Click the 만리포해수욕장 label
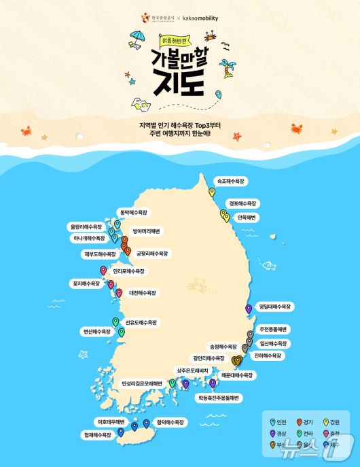(x=129, y=271)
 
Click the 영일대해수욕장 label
(x=275, y=307)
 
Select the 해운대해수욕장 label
(x=236, y=375)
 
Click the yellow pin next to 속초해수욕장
(x=211, y=192)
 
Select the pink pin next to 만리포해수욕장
(x=103, y=270)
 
